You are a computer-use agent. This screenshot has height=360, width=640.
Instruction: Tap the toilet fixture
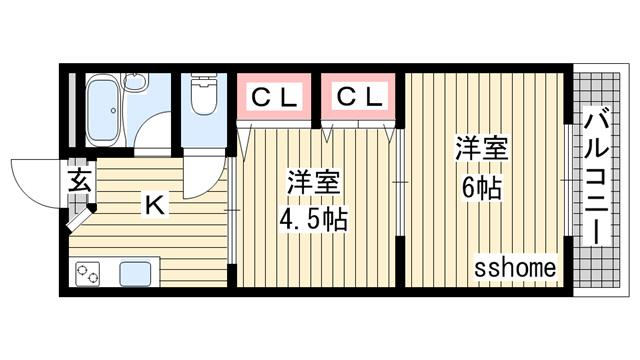coord(204,95)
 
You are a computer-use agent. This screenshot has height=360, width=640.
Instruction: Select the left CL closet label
coord(274,97)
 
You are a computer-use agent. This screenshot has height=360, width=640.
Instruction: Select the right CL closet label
coord(359,97)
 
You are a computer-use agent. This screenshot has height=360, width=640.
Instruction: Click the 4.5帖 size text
coord(313,220)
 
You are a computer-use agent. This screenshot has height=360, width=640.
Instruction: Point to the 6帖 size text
coord(482,188)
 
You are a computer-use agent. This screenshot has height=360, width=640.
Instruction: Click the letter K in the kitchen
coord(155,205)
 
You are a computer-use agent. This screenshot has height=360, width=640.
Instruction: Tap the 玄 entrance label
coord(79,180)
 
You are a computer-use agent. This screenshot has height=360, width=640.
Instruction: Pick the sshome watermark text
coord(515,268)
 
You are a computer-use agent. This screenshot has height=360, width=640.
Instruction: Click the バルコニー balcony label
coord(596,180)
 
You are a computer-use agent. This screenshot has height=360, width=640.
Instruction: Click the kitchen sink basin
coord(135,274)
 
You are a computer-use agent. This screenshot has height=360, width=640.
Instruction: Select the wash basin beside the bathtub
coord(135,82)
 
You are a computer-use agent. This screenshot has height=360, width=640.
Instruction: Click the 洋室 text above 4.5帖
coord(313,182)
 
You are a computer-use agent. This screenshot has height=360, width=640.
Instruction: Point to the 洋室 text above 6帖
coord(482,149)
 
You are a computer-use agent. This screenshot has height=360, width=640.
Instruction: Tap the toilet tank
coord(204,78)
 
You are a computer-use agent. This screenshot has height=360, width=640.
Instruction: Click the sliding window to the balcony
coord(569,180)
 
